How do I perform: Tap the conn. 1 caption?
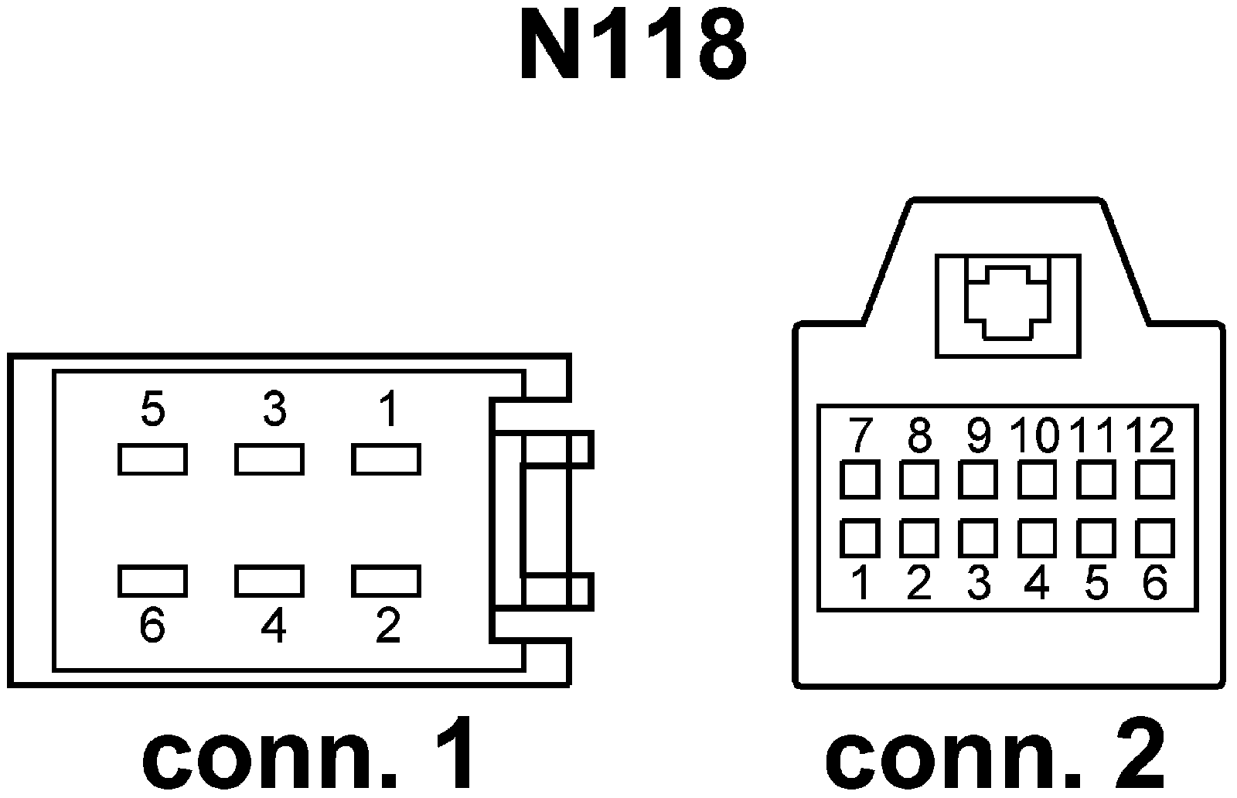pyautogui.click(x=309, y=754)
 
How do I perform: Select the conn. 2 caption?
pyautogui.click(x=995, y=754)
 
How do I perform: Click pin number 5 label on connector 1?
pyautogui.click(x=153, y=409)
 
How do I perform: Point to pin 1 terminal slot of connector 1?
pyautogui.click(x=386, y=459)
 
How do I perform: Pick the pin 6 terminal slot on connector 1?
pyautogui.click(x=152, y=581)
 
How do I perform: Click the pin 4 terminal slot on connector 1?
pyautogui.click(x=269, y=581)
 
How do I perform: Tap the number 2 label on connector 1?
pyautogui.click(x=387, y=626)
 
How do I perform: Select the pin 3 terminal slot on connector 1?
pyautogui.click(x=269, y=459)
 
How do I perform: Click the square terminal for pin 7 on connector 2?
pyautogui.click(x=859, y=479)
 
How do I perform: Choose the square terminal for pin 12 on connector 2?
pyautogui.click(x=1154, y=479)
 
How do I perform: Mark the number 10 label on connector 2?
pyautogui.click(x=1037, y=436)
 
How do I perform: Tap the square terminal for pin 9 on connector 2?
pyautogui.click(x=977, y=479)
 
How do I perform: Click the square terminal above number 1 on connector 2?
pyautogui.click(x=859, y=538)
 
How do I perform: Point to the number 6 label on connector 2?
pyautogui.click(x=1154, y=583)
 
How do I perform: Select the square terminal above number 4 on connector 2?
pyautogui.click(x=1037, y=538)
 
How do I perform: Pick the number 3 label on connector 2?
pyautogui.click(x=978, y=583)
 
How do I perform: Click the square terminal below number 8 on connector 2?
pyautogui.click(x=918, y=479)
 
